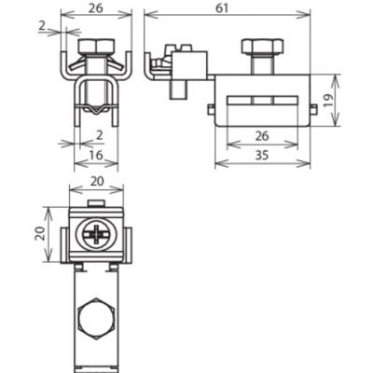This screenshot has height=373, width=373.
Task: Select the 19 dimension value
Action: click(329, 101)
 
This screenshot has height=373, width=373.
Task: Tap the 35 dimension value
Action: click(262, 155)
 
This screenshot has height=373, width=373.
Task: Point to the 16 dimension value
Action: click(96, 155)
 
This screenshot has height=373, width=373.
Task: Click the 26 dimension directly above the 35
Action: click(262, 136)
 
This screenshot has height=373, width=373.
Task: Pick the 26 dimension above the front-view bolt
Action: click(95, 8)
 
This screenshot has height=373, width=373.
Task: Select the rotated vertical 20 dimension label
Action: click(40, 233)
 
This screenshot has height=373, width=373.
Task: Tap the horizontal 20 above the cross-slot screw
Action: click(97, 181)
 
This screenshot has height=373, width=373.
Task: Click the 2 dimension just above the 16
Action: click(100, 135)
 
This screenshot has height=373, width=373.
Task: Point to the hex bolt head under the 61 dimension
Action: click(263, 46)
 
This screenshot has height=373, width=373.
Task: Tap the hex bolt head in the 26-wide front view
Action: click(97, 46)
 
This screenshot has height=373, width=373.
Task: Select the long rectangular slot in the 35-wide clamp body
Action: click(263, 100)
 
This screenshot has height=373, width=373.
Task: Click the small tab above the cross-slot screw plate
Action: click(96, 203)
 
